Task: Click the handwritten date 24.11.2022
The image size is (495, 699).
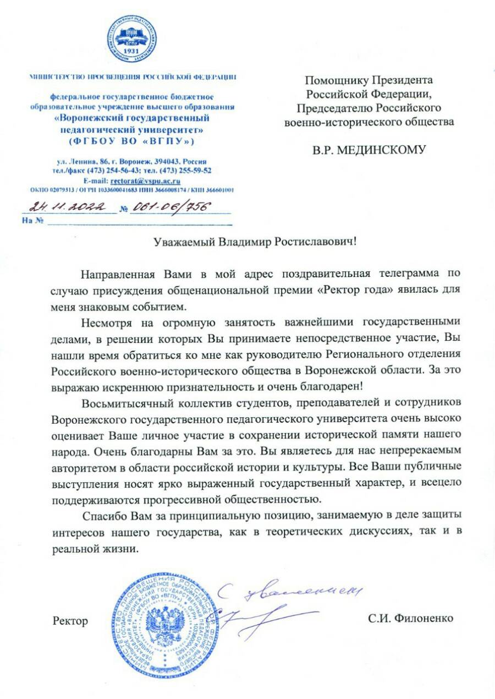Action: [x=69, y=207]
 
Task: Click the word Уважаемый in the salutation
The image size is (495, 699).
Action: [x=184, y=242]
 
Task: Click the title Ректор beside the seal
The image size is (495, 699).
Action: [x=70, y=621]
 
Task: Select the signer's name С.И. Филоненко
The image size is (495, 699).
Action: [x=410, y=618]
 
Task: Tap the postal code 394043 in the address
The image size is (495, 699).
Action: [x=171, y=162]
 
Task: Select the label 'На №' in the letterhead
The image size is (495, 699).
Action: [x=32, y=221]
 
